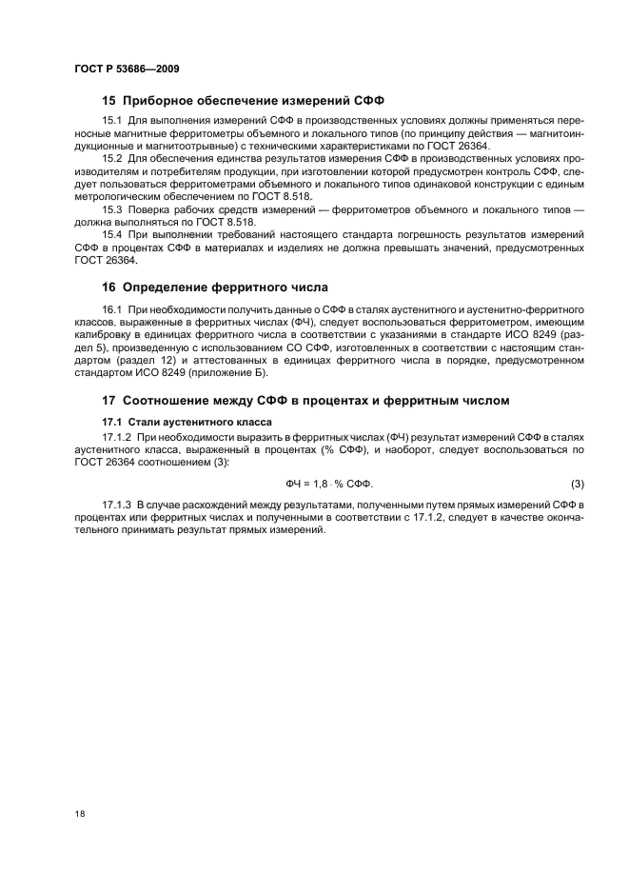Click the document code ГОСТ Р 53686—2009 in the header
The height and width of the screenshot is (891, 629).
click(127, 69)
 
